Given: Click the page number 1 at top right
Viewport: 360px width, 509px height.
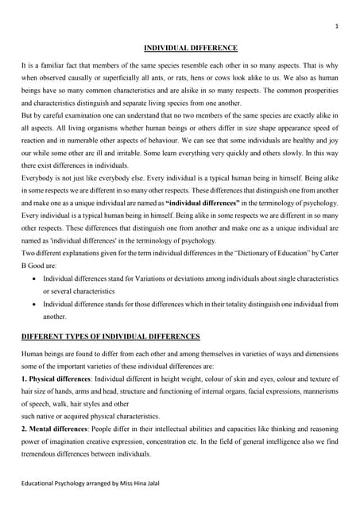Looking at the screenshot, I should click(337, 26).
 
